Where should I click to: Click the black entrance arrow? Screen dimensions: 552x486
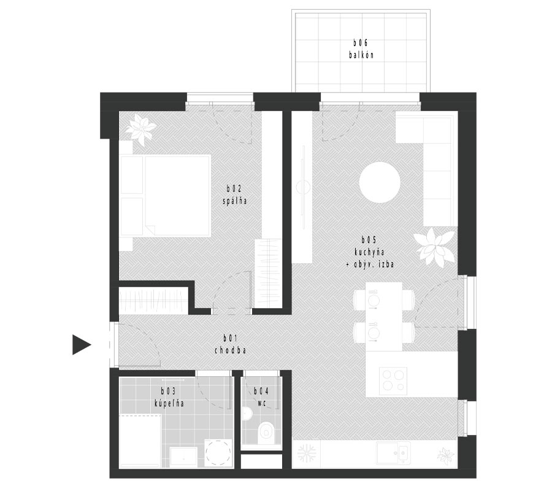tap(82, 344)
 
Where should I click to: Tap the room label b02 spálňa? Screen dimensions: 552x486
tap(235, 195)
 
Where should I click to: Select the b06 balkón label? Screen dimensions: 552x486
tap(361, 49)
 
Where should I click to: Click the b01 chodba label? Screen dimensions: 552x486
tap(230, 344)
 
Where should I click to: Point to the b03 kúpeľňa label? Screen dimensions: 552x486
tap(169, 397)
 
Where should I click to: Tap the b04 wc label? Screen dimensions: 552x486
tap(261, 397)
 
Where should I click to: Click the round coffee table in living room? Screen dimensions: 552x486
tap(380, 182)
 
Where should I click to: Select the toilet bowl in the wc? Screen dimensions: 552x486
tap(266, 433)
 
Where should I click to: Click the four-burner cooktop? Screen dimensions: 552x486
tap(393, 381)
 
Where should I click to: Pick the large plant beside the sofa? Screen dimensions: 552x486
tap(434, 247)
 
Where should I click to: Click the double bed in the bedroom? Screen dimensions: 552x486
tap(166, 196)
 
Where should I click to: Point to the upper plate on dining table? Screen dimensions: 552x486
tap(373, 301)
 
